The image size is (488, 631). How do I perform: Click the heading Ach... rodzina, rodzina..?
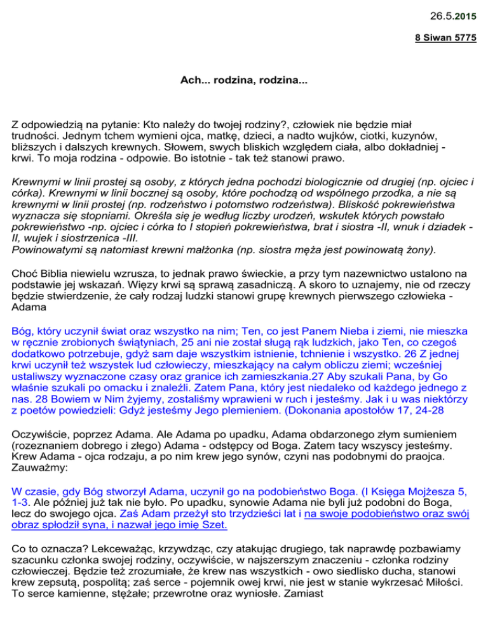click(x=243, y=81)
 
